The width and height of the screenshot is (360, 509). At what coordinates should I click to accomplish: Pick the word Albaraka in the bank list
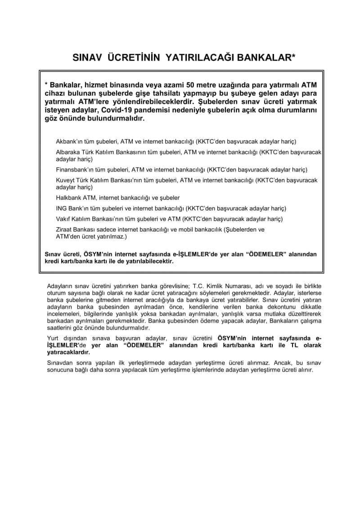pyautogui.click(x=68, y=153)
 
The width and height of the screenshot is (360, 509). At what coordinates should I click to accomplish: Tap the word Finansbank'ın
pyautogui.click(x=74, y=170)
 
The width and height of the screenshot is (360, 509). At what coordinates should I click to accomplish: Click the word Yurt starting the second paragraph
pyautogui.click(x=53, y=338)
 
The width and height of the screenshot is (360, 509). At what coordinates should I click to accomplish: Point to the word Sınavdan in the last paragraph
pyautogui.click(x=59, y=363)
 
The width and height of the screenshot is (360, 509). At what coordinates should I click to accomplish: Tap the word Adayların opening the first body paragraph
pyautogui.click(x=60, y=286)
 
